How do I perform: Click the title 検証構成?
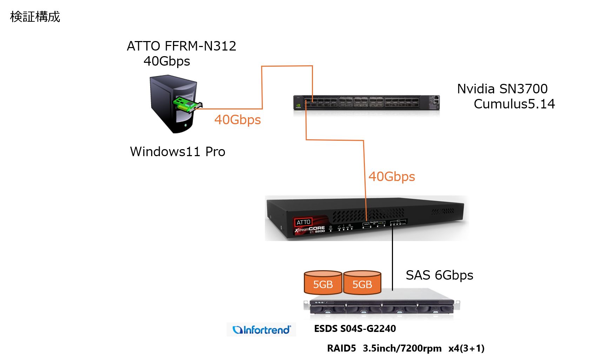(x=35, y=17)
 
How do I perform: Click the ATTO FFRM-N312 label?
(x=181, y=46)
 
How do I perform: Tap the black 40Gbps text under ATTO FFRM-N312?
(x=167, y=61)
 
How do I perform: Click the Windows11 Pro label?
(x=178, y=152)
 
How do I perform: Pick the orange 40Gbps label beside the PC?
(x=238, y=120)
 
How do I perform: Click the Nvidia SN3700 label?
(x=502, y=89)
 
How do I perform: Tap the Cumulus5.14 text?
(x=514, y=104)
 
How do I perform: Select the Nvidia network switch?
(x=366, y=102)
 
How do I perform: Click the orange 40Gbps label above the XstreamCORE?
(x=392, y=176)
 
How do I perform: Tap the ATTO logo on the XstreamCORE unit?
(x=303, y=222)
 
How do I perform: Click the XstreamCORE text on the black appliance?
(x=310, y=229)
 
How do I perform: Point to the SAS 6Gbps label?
(x=439, y=275)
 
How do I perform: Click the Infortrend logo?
(x=262, y=330)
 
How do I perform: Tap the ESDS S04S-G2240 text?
(x=355, y=329)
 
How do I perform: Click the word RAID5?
(x=341, y=348)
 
